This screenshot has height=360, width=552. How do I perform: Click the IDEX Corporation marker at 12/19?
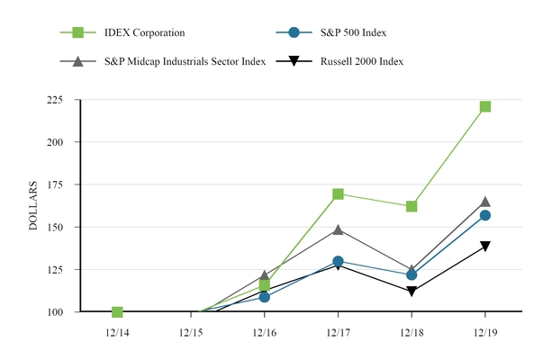(x=485, y=106)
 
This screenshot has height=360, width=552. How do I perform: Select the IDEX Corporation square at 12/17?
(x=338, y=194)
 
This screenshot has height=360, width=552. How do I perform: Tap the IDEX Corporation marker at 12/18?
(x=412, y=206)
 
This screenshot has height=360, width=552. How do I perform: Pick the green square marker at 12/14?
(x=117, y=311)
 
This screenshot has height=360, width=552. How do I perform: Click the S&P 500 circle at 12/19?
(x=485, y=215)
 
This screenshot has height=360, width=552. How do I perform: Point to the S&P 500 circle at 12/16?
(x=264, y=296)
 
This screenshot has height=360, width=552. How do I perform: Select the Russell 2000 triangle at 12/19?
(x=485, y=247)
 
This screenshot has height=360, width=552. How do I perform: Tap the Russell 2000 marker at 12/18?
(x=412, y=292)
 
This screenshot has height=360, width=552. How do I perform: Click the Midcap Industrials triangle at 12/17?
(x=338, y=229)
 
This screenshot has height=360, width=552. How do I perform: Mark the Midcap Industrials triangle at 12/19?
(x=485, y=202)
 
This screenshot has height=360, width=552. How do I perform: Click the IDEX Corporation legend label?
(x=144, y=33)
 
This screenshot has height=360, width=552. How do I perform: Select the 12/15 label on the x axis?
(x=191, y=331)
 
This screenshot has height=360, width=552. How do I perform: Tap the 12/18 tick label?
(x=412, y=331)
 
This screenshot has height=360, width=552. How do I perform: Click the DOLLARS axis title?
(x=33, y=206)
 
